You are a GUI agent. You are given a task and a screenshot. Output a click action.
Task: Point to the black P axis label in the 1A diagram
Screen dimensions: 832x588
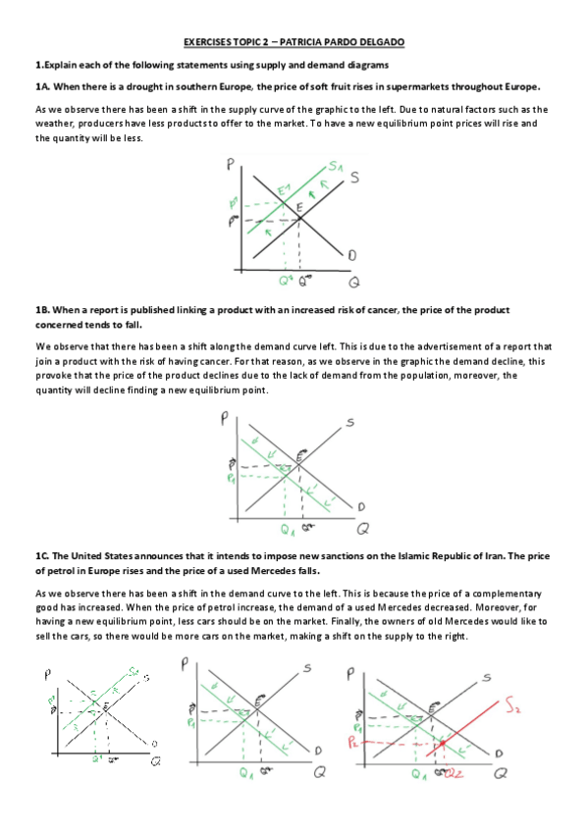coord(229,167)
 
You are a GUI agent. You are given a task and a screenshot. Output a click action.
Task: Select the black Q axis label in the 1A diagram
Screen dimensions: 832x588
coord(354,282)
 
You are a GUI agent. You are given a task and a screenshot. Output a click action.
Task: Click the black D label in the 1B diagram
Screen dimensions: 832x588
coord(360,506)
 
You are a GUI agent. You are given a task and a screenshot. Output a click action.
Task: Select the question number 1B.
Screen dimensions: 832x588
coord(43,309)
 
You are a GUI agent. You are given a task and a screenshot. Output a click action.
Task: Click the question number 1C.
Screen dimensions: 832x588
coord(43,555)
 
